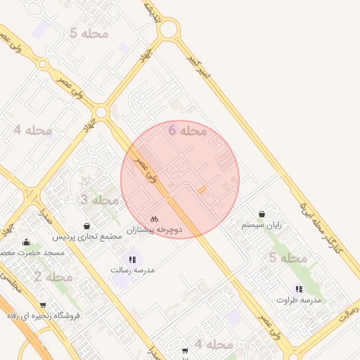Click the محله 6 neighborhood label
point(188,130)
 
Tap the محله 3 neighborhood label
point(98,200)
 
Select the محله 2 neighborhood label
point(53,276)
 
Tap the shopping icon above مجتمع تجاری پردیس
point(86,226)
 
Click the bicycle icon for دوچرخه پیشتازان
point(155,219)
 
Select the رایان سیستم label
point(262,225)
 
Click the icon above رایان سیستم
point(262,214)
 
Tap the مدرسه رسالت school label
point(132,270)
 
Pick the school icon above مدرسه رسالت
point(132,259)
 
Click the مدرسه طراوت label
point(300,300)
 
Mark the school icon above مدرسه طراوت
point(300,289)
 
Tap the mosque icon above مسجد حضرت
point(27,241)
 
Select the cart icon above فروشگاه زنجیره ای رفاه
point(44,305)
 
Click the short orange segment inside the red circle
point(202,190)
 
